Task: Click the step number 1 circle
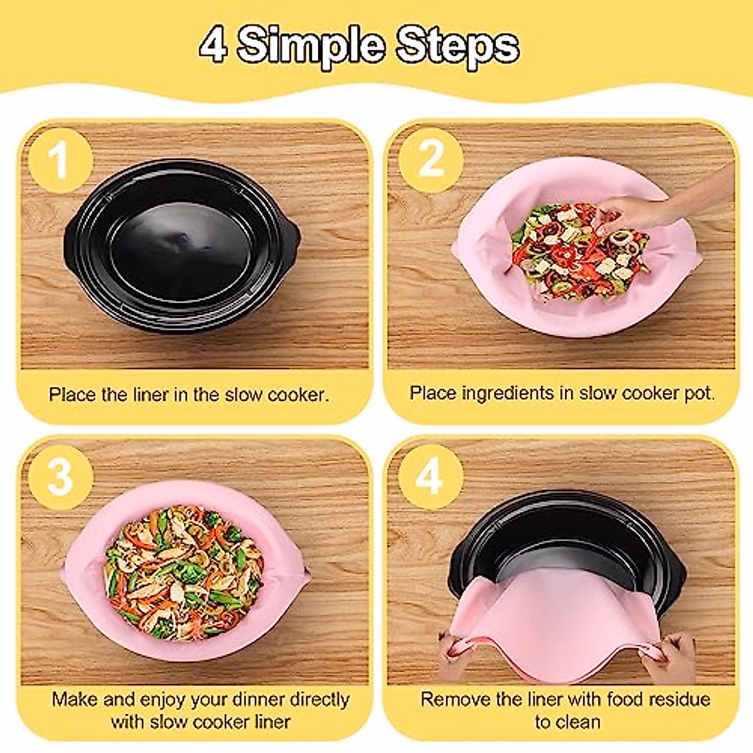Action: tap(60, 160)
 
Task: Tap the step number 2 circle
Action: tap(431, 159)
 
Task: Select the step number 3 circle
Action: tap(60, 476)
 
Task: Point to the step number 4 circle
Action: tap(430, 476)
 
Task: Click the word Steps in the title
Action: tap(457, 46)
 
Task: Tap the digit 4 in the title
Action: tap(213, 46)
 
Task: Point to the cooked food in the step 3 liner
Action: tap(182, 571)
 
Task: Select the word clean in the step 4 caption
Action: tap(577, 722)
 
